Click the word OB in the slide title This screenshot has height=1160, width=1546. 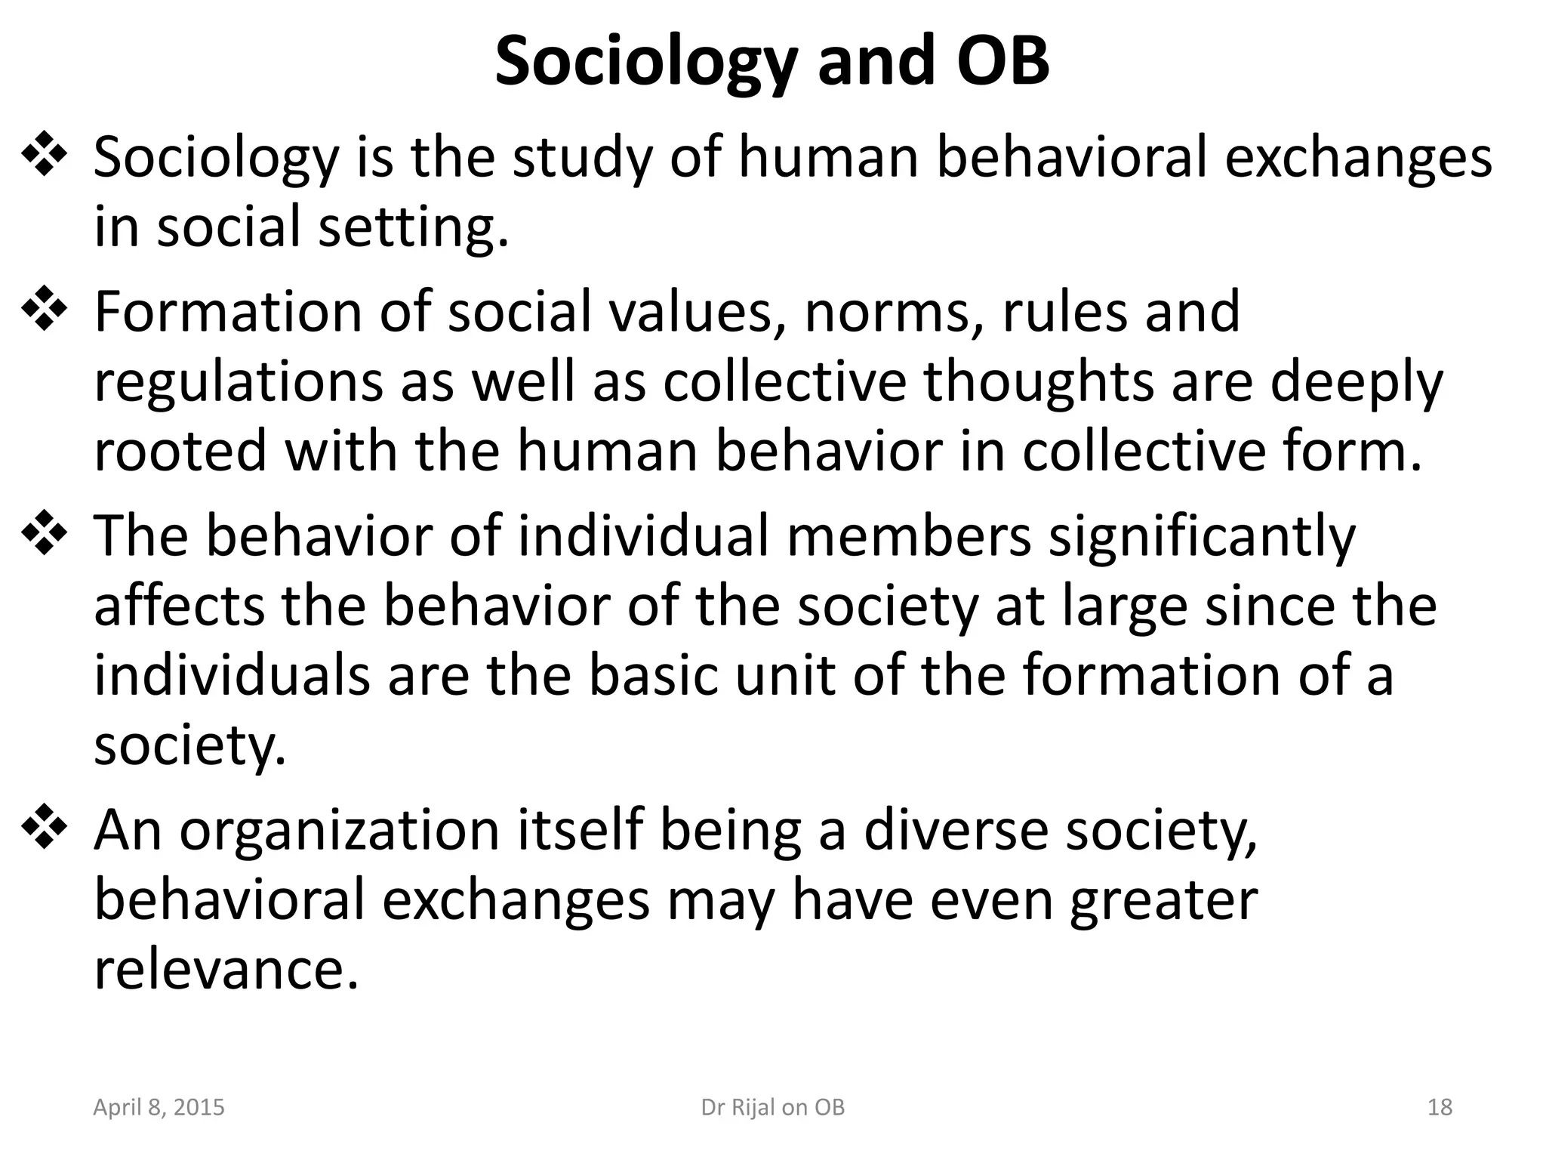tap(1002, 60)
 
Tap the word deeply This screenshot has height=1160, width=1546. tap(1356, 381)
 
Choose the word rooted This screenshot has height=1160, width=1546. tap(180, 450)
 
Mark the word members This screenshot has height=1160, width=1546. tap(908, 535)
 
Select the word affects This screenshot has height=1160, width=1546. tap(179, 605)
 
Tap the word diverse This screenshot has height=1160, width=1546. tap(953, 829)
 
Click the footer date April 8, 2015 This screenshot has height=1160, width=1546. tap(159, 1107)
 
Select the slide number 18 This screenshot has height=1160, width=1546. tap(1440, 1107)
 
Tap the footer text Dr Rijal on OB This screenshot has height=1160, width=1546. tap(773, 1107)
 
